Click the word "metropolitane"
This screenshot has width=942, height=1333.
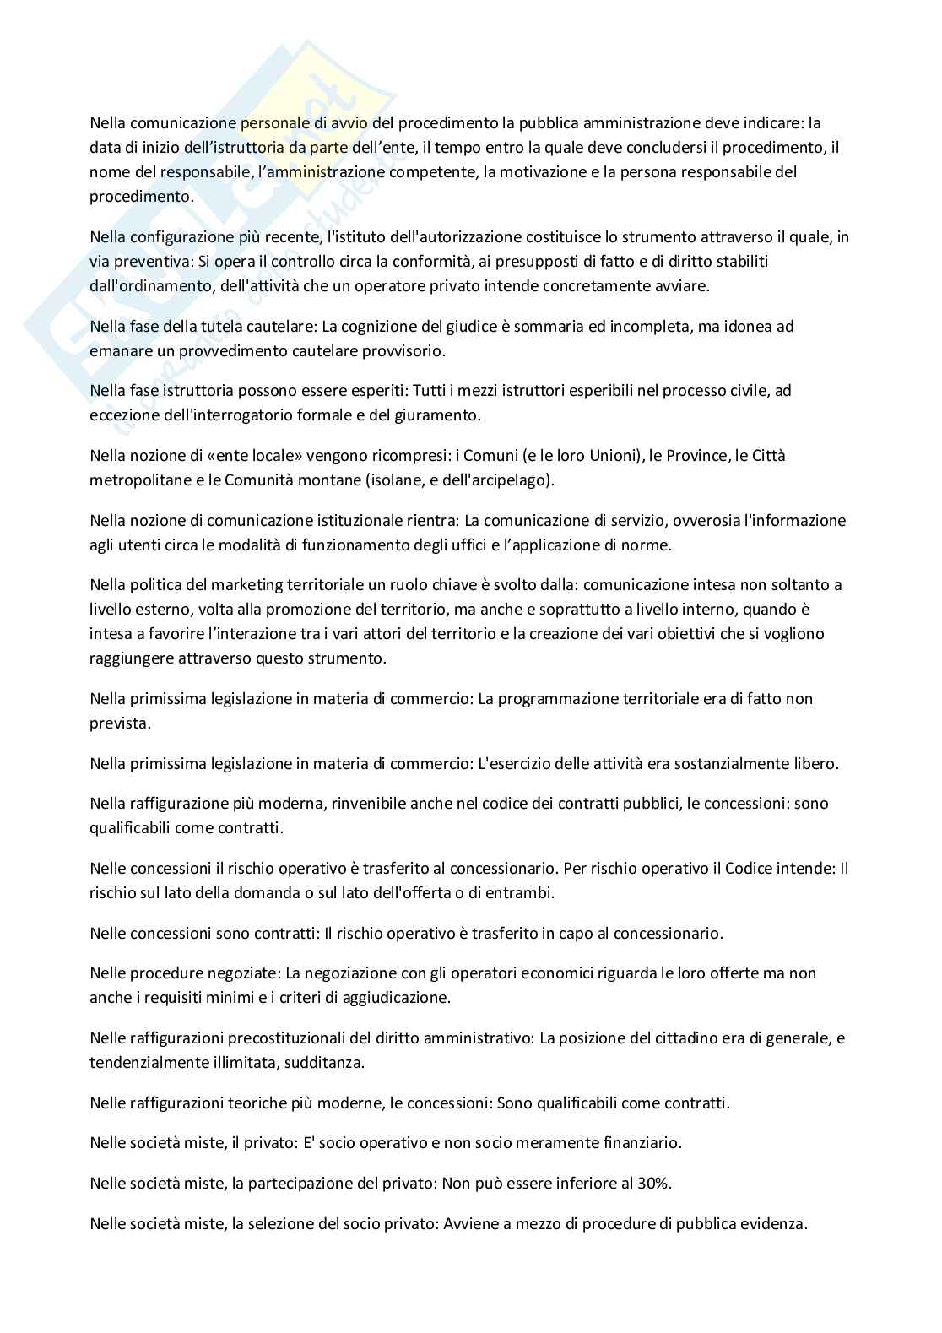tap(133, 480)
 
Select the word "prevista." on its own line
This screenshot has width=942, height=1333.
tap(116, 723)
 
